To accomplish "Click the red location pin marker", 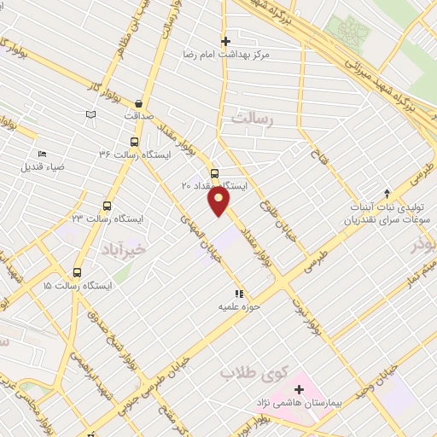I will tap(219, 201).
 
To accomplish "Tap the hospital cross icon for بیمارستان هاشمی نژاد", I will tap(299, 389).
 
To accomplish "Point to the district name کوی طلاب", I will tap(251, 373).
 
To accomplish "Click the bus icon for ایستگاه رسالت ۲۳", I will tap(107, 206).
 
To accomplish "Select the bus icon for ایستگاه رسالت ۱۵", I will tap(77, 273).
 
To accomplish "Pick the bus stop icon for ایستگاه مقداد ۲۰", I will tap(213, 172).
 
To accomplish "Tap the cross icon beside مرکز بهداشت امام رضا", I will tap(226, 40).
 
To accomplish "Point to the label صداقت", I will tap(137, 115).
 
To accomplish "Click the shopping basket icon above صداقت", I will tap(138, 102).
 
